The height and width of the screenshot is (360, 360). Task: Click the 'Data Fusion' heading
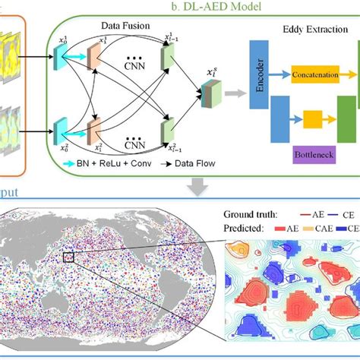[x=126, y=26]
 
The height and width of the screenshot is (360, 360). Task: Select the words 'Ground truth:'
[x=247, y=214]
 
